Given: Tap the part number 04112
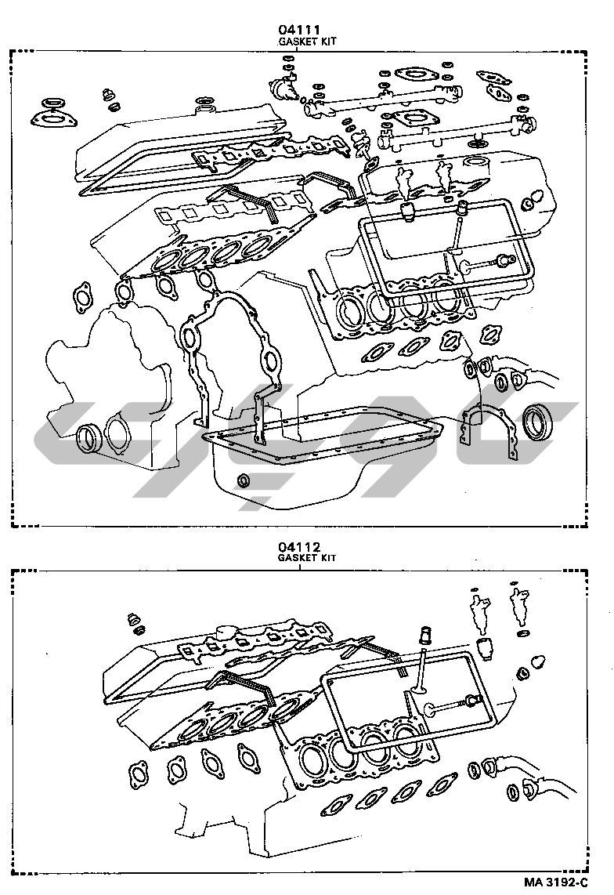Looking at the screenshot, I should pyautogui.click(x=297, y=546).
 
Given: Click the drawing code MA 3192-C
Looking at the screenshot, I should pyautogui.click(x=556, y=882).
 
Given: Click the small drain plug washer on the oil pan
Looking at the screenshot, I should pyautogui.click(x=245, y=480).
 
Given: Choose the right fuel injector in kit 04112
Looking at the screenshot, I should pyautogui.click(x=517, y=605).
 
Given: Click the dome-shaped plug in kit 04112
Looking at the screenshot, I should pyautogui.click(x=538, y=660).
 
